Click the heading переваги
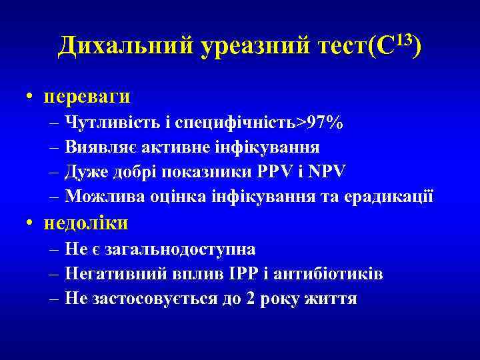pos(87,97)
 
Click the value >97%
pos(321,122)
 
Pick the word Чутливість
pos(114,122)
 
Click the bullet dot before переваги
pos(31,97)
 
